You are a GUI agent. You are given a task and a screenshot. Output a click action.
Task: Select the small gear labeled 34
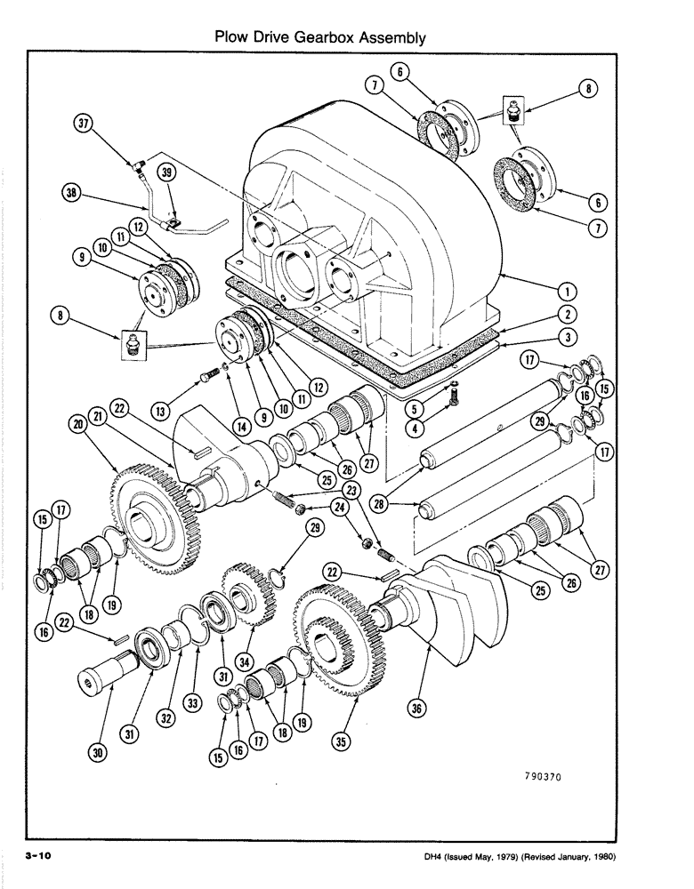tap(244, 591)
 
